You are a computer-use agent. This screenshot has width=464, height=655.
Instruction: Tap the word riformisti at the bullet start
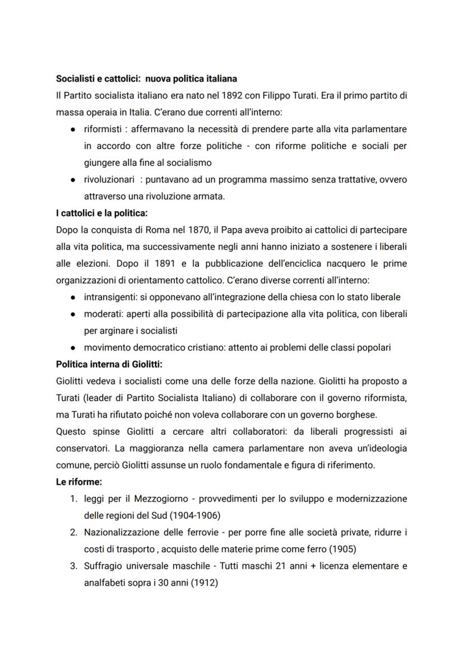point(102,129)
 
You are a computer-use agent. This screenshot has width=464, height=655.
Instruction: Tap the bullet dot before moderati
point(73,314)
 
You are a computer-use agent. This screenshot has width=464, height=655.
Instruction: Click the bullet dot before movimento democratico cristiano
point(73,347)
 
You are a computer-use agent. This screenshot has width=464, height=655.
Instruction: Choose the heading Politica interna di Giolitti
point(109,364)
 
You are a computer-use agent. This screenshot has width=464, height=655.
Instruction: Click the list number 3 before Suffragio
point(73,565)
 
